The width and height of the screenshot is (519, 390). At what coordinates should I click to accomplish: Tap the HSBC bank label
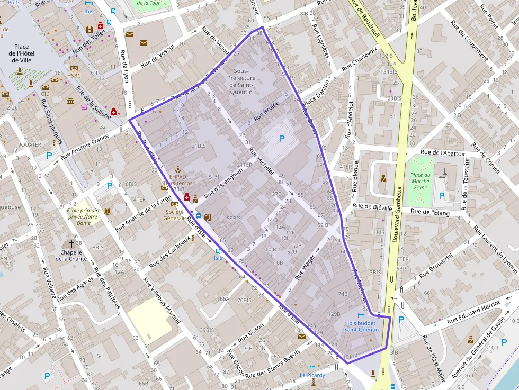pos(74,76)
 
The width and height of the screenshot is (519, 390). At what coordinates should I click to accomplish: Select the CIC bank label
pos(45,94)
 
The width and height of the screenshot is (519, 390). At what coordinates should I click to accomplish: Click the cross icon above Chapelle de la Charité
pos(71,243)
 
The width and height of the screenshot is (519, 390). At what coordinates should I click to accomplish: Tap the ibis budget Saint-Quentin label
pos(361,326)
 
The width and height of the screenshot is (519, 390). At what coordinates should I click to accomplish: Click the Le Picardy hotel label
pos(312,375)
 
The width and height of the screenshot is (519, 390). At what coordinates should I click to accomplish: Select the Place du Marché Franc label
pos(420,181)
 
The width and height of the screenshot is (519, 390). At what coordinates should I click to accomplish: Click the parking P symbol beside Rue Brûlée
pos(282,139)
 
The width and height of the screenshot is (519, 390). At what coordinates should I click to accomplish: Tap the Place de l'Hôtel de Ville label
pos(21,53)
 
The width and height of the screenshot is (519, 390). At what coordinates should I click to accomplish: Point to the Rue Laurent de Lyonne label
pos(495,249)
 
